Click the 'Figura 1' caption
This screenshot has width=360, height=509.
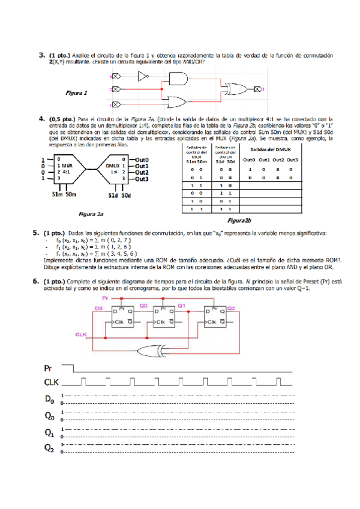tap(76, 93)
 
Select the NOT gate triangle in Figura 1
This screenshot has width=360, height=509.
tap(143, 76)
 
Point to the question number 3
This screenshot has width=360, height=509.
tap(43, 55)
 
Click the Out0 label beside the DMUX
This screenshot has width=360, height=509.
tap(142, 160)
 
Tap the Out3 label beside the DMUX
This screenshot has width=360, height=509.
tap(142, 179)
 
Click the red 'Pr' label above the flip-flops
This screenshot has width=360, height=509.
tap(105, 298)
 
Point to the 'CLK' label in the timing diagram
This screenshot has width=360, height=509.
tap(52, 382)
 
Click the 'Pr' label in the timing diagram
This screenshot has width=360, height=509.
tap(49, 367)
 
